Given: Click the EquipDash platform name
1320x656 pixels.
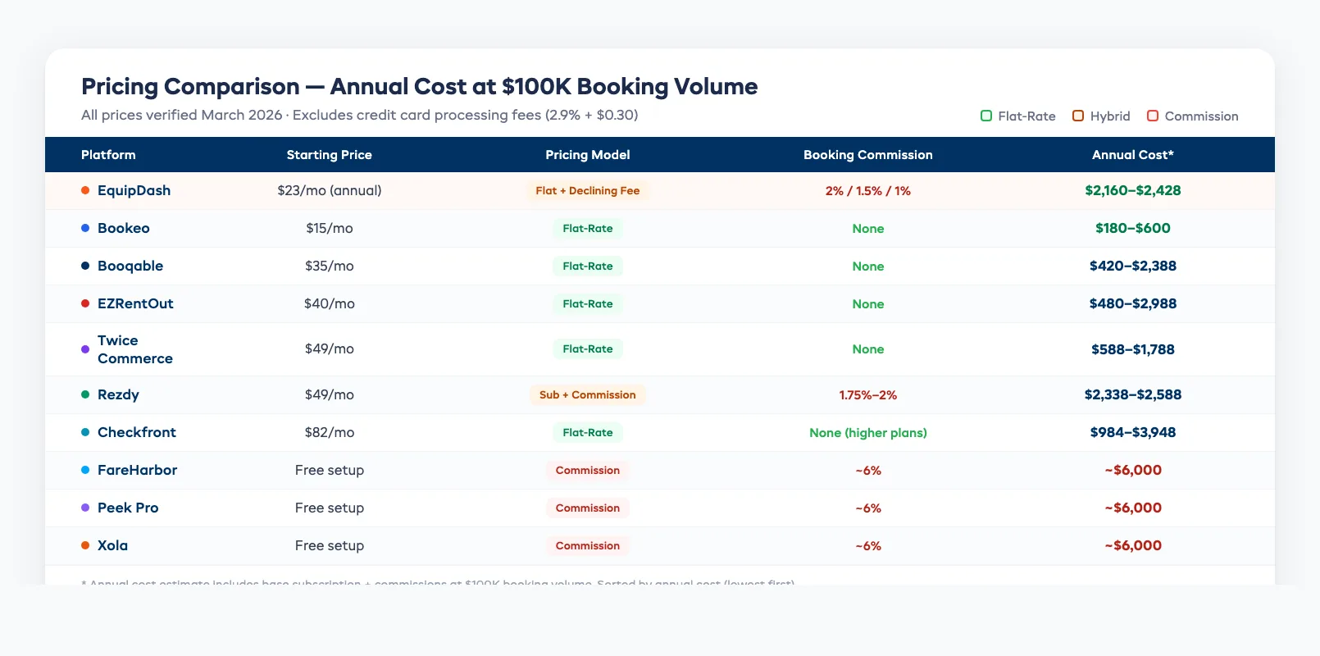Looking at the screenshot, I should [134, 190].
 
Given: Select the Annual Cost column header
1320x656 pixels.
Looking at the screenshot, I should [1132, 155].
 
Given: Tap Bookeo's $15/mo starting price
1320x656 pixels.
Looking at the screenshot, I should [329, 228].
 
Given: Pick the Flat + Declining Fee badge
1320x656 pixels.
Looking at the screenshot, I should [587, 190].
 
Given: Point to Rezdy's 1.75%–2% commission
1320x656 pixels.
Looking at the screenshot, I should [867, 394].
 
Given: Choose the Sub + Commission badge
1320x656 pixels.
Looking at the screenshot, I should [587, 394].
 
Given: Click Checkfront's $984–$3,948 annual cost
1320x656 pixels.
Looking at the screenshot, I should [1132, 432].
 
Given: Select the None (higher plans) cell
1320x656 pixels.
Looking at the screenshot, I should [867, 432].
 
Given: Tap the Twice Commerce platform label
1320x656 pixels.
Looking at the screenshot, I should [134, 349].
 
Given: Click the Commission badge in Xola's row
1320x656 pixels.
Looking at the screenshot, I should [587, 545].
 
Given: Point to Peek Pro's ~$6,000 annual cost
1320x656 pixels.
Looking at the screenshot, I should [1132, 508].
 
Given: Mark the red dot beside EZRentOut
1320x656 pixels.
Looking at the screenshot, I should [85, 303].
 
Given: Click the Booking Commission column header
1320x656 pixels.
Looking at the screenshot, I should [867, 155].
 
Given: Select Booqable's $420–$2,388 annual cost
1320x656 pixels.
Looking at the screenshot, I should [1132, 266].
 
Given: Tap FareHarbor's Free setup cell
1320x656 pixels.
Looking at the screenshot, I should [329, 470].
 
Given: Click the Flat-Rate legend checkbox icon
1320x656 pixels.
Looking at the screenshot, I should [986, 116].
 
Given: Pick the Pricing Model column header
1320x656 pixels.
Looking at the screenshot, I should [587, 155].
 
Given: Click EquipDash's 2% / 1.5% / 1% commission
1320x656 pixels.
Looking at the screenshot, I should [867, 190].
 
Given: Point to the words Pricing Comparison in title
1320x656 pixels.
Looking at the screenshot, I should [190, 87].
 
